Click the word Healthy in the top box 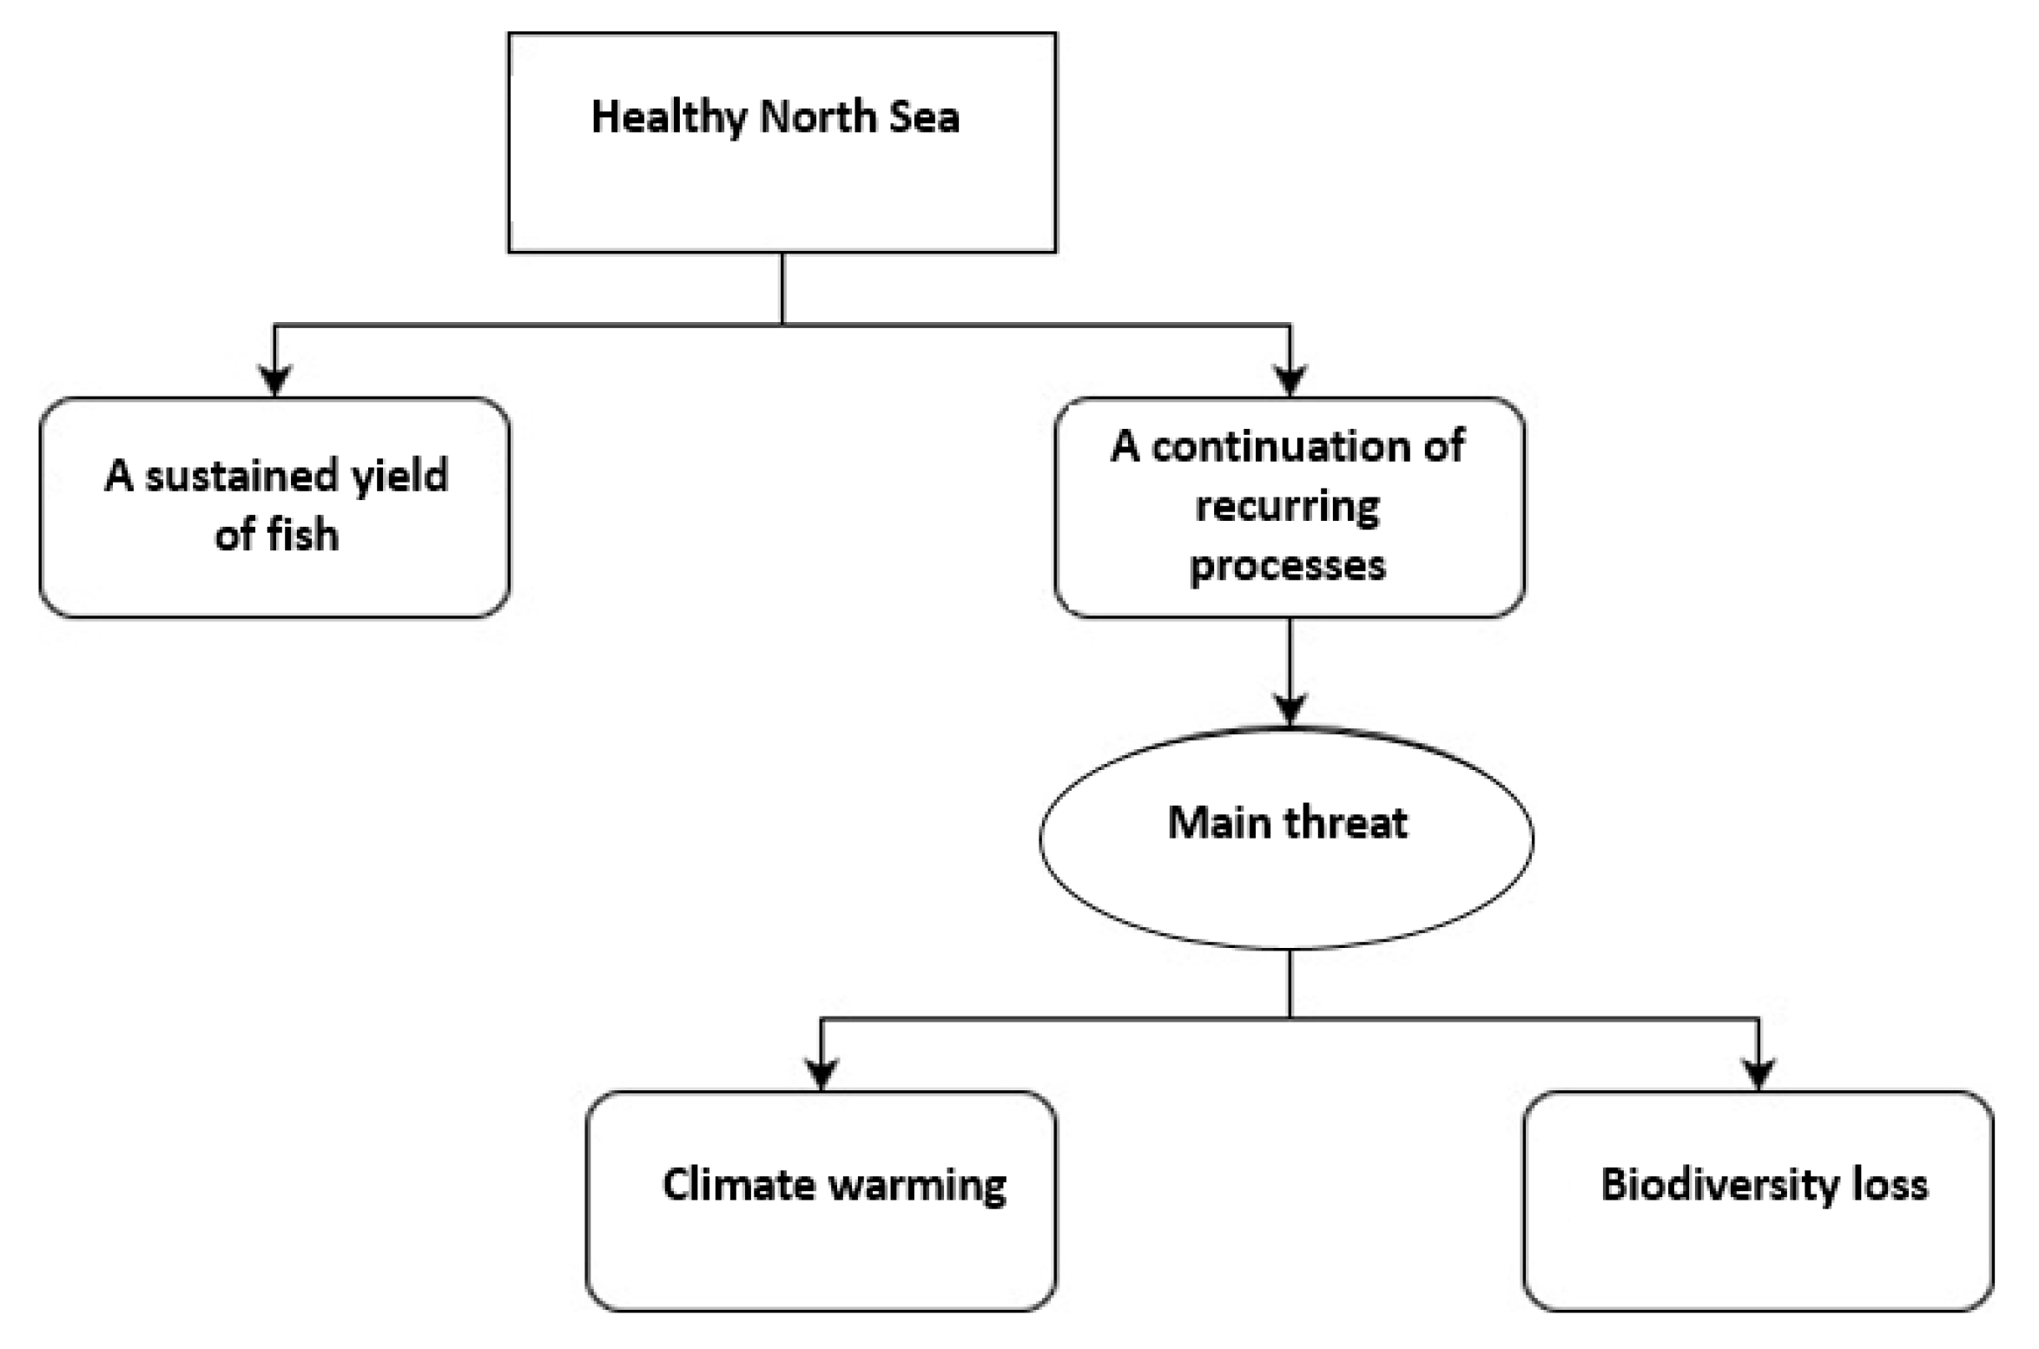tap(667, 118)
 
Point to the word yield tap(399, 477)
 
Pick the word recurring tap(1288, 507)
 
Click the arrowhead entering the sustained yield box tap(275, 380)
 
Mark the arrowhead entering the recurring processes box tap(1290, 380)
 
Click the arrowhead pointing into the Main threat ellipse tap(1290, 708)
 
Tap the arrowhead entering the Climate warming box tap(822, 1073)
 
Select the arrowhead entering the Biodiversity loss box tap(1759, 1073)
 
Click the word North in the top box tap(818, 117)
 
